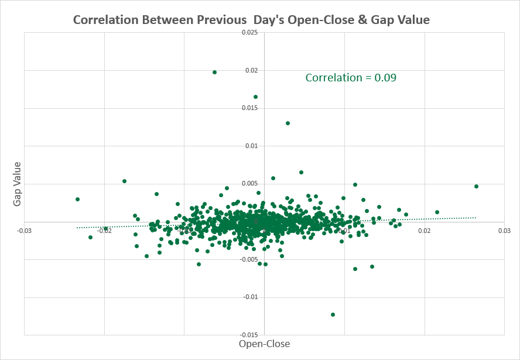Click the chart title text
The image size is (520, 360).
click(251, 20)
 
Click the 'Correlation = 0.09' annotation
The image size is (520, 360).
click(351, 77)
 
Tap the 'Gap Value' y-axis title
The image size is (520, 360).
click(18, 184)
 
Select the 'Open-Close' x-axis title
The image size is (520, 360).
click(264, 344)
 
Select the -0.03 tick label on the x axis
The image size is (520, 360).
click(24, 230)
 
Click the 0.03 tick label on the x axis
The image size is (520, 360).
click(504, 230)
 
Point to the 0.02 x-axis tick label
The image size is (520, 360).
click(425, 230)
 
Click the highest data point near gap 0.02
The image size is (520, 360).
click(214, 72)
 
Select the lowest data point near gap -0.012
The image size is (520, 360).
click(333, 314)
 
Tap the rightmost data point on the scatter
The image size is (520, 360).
click(476, 186)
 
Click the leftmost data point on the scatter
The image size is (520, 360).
click(77, 199)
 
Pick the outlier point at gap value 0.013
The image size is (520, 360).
click(288, 123)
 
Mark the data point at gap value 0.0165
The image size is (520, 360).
click(255, 97)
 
